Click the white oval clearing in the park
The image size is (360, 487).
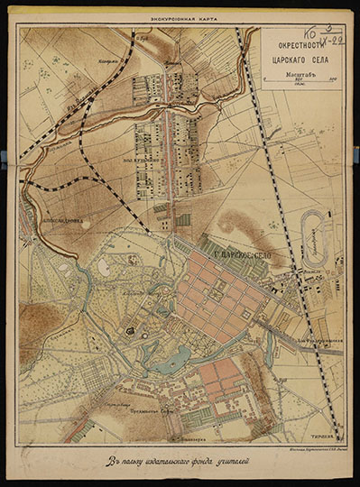[x=105, y=268]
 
